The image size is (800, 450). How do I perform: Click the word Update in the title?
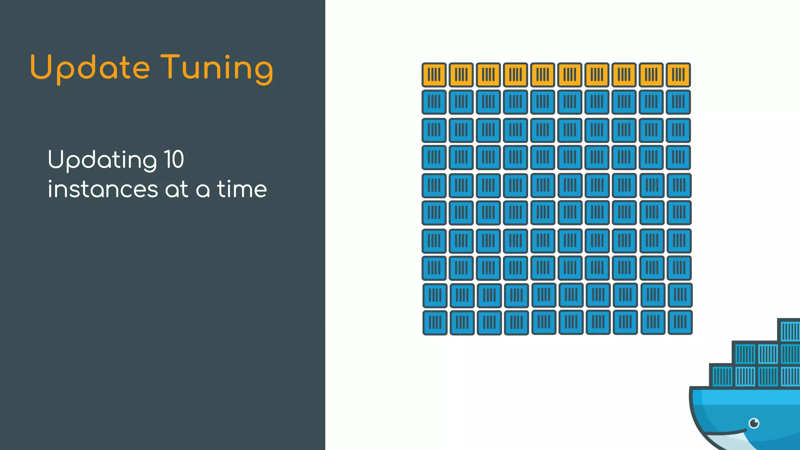tap(90, 68)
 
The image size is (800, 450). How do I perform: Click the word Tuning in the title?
tap(217, 68)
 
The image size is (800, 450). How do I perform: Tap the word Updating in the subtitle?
tap(102, 160)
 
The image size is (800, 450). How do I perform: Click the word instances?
tap(103, 189)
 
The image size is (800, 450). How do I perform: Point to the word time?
tap(242, 189)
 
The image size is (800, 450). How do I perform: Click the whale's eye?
tap(754, 423)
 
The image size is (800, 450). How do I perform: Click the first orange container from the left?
tap(434, 75)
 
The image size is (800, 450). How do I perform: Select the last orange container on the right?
tap(678, 75)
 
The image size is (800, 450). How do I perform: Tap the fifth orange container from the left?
tap(543, 75)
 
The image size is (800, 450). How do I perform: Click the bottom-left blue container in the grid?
tap(435, 323)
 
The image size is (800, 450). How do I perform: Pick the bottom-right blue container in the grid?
tap(680, 322)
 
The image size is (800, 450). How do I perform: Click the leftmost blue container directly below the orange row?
tap(434, 102)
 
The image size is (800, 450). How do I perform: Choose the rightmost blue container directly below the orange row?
tap(678, 102)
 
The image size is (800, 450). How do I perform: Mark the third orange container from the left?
tap(488, 75)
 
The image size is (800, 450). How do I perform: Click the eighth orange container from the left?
tap(624, 75)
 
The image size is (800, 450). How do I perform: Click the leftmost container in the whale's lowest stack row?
tap(722, 376)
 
